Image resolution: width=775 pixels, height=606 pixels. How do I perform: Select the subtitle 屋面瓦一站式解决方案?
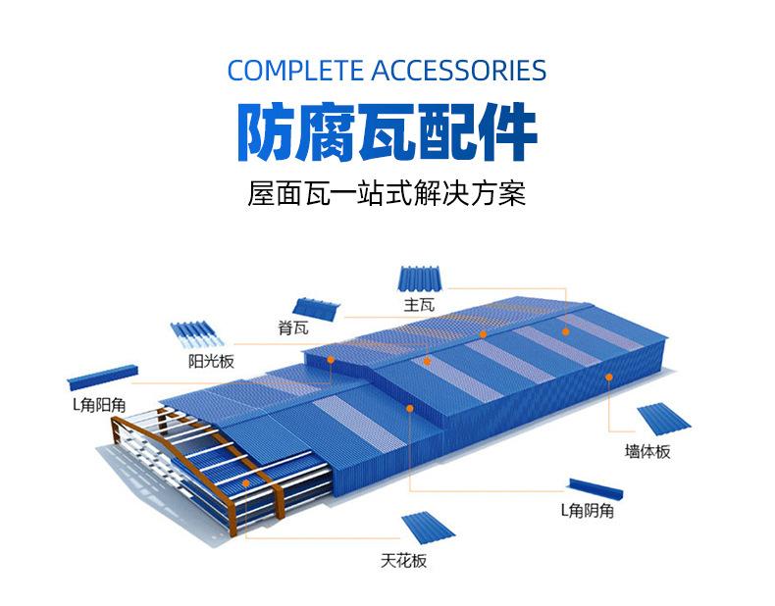(387, 192)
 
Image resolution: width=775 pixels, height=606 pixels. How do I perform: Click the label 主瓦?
(418, 305)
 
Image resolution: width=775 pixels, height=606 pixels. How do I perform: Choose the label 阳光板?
(211, 361)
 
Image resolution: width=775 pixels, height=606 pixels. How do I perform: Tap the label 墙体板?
(647, 452)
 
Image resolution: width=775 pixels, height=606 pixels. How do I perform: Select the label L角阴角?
(588, 510)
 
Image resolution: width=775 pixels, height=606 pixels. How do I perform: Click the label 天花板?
(404, 561)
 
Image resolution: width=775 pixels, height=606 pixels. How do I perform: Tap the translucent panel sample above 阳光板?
(198, 335)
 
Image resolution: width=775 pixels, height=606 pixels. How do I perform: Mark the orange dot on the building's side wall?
(606, 385)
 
